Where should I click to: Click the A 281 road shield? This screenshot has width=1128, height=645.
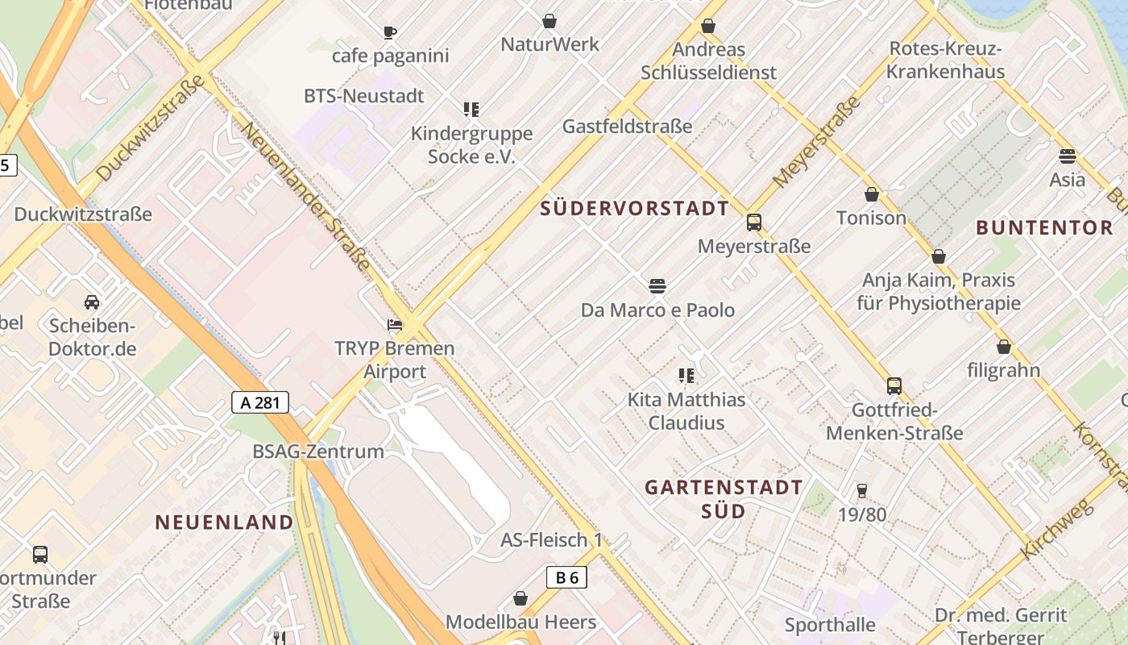260,402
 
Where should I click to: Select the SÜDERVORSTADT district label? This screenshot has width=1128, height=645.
634,209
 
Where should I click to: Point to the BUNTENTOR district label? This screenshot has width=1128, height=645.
1043,228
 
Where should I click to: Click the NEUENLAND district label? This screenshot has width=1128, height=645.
225,522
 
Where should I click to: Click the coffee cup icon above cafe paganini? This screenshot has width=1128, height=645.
390,32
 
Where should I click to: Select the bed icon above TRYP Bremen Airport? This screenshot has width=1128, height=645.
395,325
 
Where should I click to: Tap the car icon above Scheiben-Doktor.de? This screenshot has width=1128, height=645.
92,302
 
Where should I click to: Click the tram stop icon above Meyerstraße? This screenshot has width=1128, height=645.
754,223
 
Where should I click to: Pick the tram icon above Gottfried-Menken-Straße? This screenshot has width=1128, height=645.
894,386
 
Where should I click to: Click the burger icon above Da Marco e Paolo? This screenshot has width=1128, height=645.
657,285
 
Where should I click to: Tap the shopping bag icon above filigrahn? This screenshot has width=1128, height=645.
1004,347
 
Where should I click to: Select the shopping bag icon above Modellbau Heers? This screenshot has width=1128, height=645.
520,598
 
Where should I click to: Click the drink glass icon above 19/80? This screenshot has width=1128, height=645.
861,490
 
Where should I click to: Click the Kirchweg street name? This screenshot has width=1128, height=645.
1056,529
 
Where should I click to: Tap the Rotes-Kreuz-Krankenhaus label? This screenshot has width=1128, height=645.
946,60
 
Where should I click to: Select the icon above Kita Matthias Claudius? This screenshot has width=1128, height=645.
686,375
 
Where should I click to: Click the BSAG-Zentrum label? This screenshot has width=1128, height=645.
318,451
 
